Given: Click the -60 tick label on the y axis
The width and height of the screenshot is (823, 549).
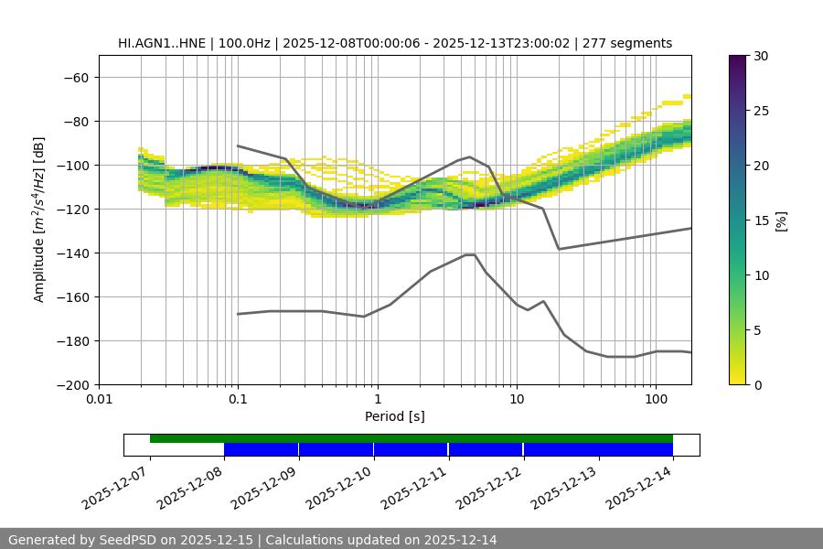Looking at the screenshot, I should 75,77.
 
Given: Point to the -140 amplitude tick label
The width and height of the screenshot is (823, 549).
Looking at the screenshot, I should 71,253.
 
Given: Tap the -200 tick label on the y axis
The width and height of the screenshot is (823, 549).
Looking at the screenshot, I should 71,384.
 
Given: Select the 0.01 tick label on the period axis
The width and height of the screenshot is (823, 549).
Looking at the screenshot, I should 99,400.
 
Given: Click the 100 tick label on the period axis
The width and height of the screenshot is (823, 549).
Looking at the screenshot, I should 655,400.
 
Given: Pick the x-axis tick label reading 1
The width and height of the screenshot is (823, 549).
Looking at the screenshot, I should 377,400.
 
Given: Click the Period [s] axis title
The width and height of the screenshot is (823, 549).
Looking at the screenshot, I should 395,416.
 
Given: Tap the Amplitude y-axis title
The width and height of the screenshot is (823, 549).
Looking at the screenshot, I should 39,220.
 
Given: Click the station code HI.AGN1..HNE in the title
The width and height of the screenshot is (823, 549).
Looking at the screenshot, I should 163,43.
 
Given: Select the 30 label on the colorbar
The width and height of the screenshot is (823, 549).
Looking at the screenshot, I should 761,56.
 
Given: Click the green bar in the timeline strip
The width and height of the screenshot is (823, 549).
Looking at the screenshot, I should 411,438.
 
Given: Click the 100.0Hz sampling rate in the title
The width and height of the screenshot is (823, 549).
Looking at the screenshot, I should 244,43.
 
